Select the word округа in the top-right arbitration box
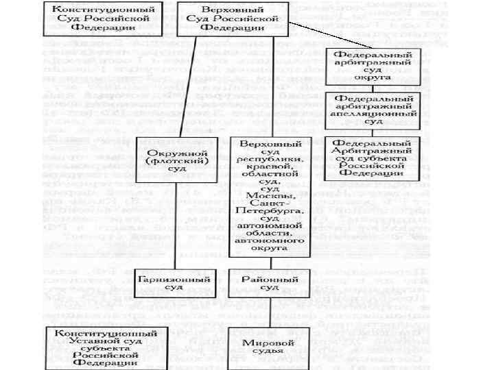pyautogui.click(x=373, y=77)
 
